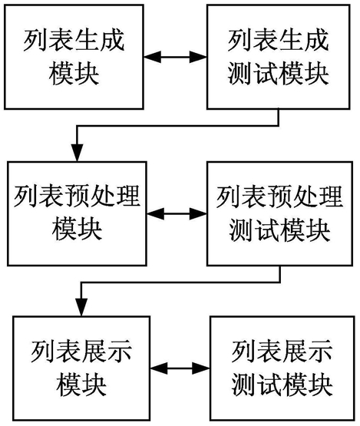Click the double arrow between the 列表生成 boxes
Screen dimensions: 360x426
click(175, 57)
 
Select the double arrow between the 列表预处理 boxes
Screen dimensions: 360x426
click(177, 214)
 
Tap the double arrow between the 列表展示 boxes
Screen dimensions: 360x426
click(180, 368)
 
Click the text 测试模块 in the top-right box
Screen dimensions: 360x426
click(278, 74)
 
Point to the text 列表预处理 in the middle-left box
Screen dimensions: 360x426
click(77, 196)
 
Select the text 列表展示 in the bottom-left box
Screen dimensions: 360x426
click(81, 352)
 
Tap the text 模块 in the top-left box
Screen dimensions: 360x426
click(74, 74)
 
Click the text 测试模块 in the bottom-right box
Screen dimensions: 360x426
click(282, 385)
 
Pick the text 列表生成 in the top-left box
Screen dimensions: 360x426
click(74, 41)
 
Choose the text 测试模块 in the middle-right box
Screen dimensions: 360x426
click(279, 230)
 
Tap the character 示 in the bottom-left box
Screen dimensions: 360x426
click(120, 352)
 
